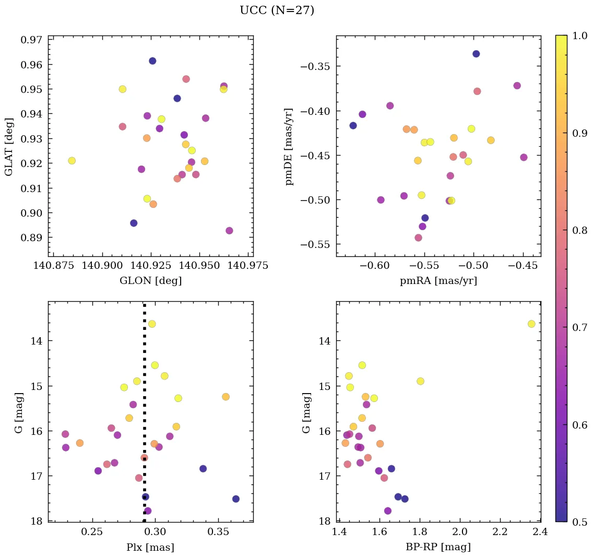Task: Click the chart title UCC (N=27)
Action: tap(277, 10)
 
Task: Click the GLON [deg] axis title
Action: tap(150, 281)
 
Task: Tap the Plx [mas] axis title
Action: tap(150, 548)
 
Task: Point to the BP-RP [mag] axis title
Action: tap(438, 548)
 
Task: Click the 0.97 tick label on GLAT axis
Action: tap(32, 40)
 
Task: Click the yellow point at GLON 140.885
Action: tap(72, 161)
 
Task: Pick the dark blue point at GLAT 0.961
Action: tap(152, 61)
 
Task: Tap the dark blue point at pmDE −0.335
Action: tap(476, 54)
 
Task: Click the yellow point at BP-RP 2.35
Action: tap(531, 324)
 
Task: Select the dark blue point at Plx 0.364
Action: tap(236, 499)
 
